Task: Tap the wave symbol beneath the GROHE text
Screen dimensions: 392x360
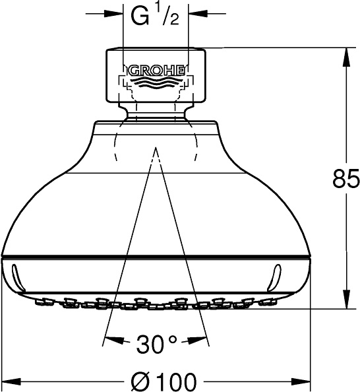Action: click(x=156, y=84)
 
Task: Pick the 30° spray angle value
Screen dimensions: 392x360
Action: click(x=157, y=343)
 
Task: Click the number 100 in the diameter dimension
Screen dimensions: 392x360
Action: click(x=176, y=381)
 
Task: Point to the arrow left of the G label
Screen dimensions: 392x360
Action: click(x=117, y=12)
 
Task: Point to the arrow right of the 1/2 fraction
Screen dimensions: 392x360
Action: click(x=196, y=12)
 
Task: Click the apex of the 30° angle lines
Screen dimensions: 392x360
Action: click(x=156, y=149)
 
